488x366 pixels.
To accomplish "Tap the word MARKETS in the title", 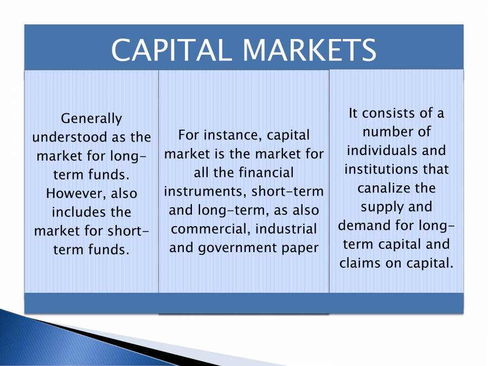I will (309, 50).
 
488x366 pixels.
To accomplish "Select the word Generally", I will (92, 119).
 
